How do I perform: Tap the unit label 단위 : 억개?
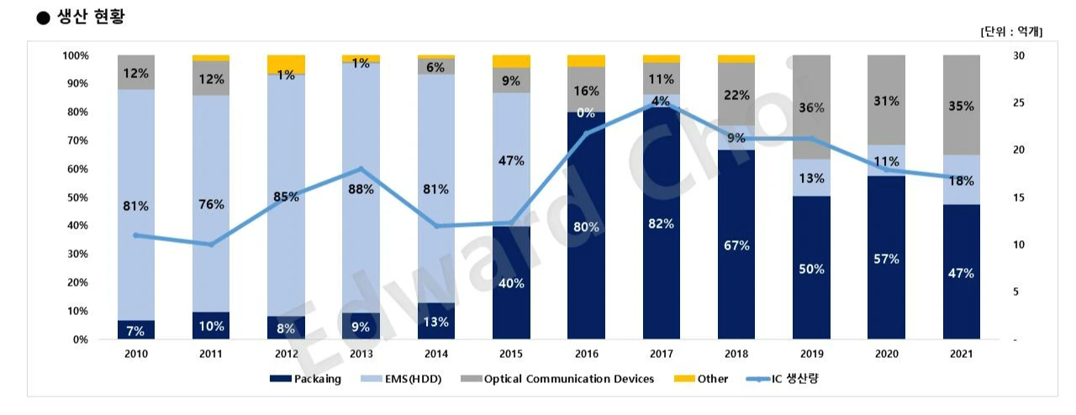pos(1011,31)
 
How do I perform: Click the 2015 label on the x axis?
pos(510,355)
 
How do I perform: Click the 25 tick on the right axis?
pos(1018,102)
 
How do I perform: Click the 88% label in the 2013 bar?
pos(361,189)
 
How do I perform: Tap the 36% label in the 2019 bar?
pos(810,108)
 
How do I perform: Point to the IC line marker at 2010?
pos(135,235)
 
